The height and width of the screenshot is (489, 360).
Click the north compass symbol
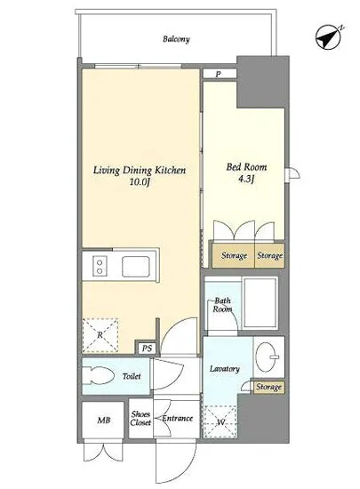coord(328,37)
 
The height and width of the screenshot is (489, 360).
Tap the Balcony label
coord(176,39)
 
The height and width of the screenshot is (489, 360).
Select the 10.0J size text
coord(140,182)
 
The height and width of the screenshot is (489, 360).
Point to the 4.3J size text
coord(246,179)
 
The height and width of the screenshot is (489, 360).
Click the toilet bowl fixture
coord(98,375)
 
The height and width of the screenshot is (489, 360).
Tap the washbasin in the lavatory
coord(267,357)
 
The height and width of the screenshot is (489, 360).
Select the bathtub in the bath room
coord(260,303)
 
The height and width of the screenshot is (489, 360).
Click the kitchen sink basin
coord(135,267)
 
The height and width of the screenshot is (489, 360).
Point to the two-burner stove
coord(100,267)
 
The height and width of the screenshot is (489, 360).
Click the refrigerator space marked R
coord(100,335)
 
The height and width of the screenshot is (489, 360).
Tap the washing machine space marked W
coord(220,422)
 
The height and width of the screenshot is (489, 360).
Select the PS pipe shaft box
coord(147,348)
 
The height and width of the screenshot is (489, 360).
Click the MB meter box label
coord(104,420)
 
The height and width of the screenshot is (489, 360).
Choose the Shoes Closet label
coord(140,419)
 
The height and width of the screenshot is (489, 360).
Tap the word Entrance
coord(178,418)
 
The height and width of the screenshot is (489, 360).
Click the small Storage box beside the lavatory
coord(269,387)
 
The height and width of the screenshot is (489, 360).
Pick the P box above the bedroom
coord(220,74)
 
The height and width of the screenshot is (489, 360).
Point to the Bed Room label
coord(246,167)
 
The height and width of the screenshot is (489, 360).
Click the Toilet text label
coord(132,376)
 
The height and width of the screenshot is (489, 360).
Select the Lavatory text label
coord(224,369)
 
